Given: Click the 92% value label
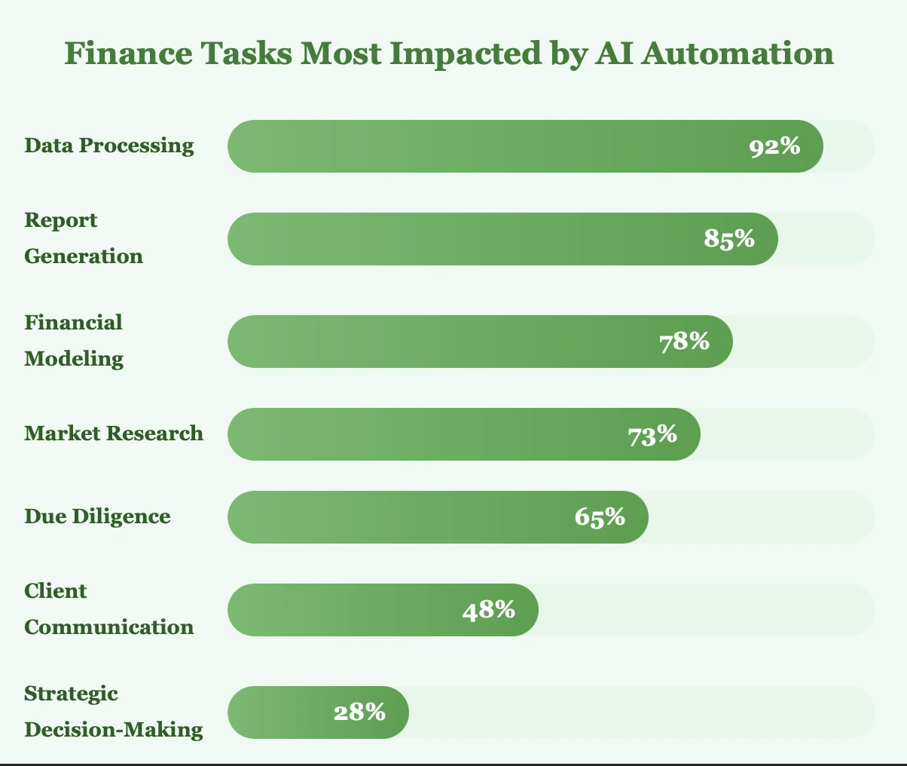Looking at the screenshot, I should pyautogui.click(x=774, y=146).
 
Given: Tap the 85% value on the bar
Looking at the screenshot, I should pyautogui.click(x=729, y=239).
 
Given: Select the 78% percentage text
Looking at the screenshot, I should pyautogui.click(x=684, y=342).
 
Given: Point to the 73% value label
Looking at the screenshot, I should pyautogui.click(x=652, y=434).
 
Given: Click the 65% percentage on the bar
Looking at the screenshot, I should pyautogui.click(x=600, y=517).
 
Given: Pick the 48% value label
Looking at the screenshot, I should pyautogui.click(x=489, y=609).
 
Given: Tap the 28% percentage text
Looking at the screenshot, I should pyautogui.click(x=360, y=712).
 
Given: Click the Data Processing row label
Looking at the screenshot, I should pyautogui.click(x=109, y=145).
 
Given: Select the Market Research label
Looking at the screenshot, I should pyautogui.click(x=114, y=433).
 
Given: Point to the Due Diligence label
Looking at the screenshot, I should pyautogui.click(x=97, y=516).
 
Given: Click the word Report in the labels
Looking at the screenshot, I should pyautogui.click(x=61, y=220).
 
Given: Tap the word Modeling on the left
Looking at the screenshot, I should pyautogui.click(x=74, y=358).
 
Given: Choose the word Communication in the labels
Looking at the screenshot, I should pyautogui.click(x=109, y=627).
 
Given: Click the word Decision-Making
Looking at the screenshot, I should pyautogui.click(x=114, y=729).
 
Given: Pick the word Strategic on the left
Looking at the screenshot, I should pyautogui.click(x=72, y=693).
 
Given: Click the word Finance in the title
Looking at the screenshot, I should pyautogui.click(x=113, y=54).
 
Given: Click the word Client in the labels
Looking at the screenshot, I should pyautogui.click(x=56, y=590).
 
